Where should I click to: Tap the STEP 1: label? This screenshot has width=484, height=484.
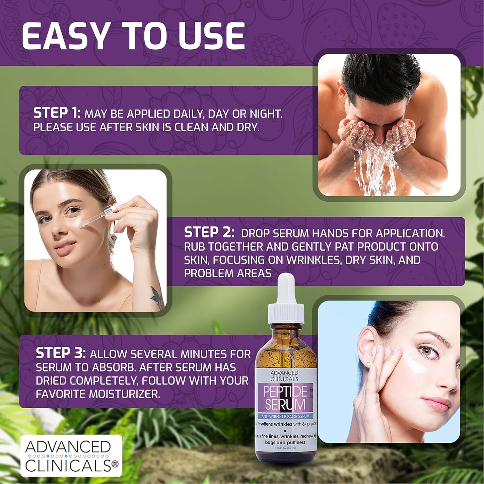(57, 113)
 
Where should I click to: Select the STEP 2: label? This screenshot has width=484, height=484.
(209, 232)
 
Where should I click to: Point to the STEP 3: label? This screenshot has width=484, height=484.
(61, 353)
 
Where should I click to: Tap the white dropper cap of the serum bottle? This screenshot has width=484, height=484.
(286, 301)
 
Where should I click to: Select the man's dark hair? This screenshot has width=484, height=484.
(382, 77)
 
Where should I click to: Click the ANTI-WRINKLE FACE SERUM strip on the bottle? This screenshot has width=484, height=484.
(285, 416)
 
